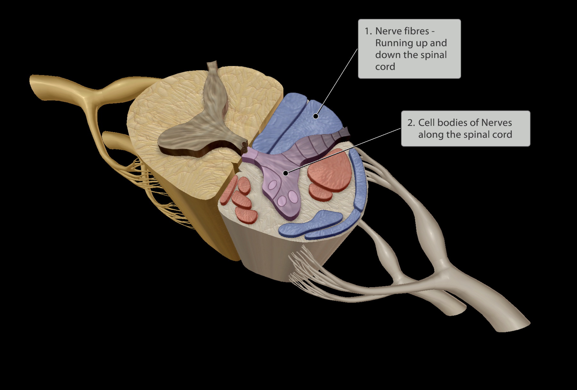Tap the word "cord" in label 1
coord(385,67)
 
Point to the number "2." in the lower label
coord(411,123)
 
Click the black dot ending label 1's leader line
coord(316,116)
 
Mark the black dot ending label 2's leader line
coord(286,173)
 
